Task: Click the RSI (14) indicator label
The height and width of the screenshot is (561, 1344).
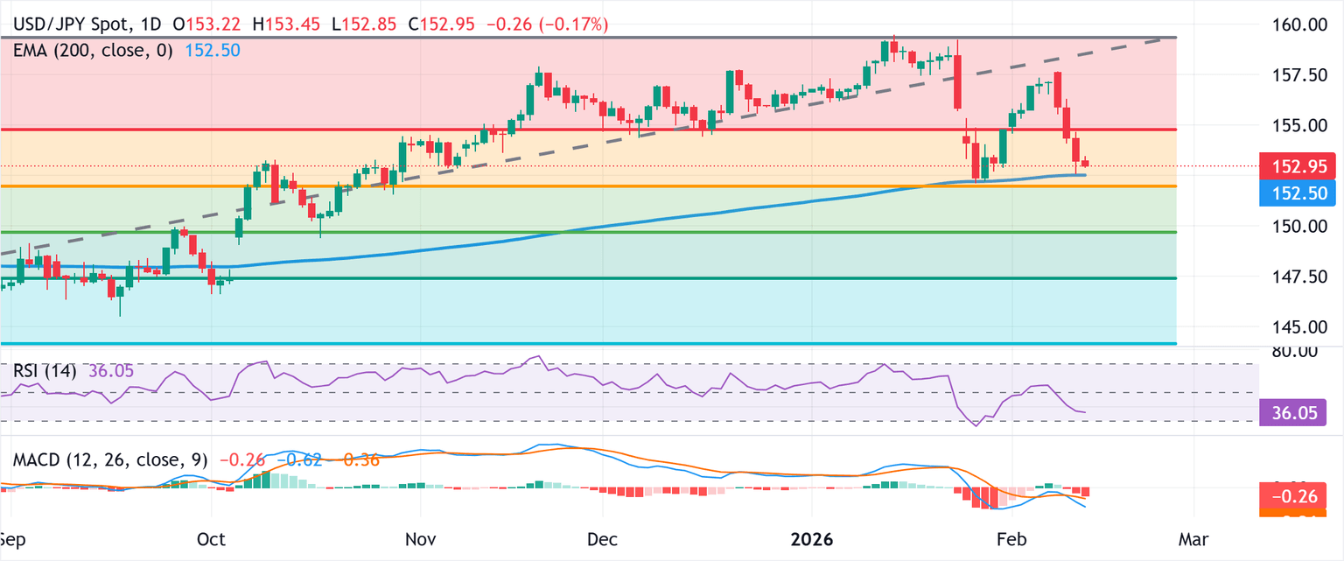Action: pos(45,371)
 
